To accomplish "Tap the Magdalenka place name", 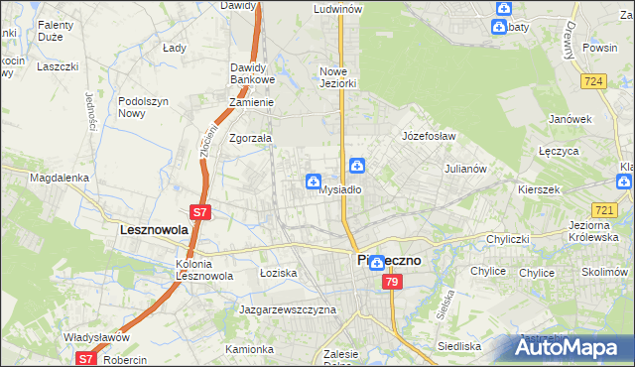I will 60,178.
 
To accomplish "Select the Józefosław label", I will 428,135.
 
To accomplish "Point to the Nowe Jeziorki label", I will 336,77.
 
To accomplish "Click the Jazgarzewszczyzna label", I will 288,309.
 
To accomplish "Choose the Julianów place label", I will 464,169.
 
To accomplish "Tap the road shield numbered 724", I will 595,81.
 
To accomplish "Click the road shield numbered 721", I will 603,210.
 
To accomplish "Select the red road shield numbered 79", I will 392,283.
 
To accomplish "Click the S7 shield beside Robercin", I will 86,359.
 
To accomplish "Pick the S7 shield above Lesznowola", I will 199,211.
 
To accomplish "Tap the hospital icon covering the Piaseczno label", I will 376,263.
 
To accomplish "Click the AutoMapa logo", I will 572,347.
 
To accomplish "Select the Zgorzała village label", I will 250,139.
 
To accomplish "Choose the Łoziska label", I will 278,272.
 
